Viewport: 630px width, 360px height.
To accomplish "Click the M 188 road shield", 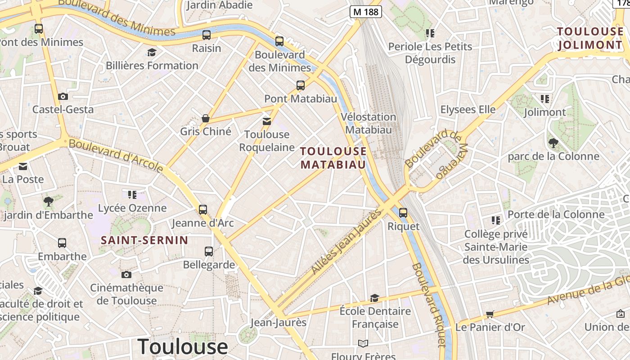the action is tap(366, 12).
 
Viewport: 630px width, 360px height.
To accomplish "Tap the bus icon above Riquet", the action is tap(403, 212).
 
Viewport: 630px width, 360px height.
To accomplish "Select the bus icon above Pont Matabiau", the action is tap(300, 85).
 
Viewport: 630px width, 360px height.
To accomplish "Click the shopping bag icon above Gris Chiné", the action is tap(206, 118).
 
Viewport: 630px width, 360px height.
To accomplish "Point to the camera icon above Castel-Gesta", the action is tap(63, 96).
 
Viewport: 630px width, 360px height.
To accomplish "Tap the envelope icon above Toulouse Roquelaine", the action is tap(267, 121).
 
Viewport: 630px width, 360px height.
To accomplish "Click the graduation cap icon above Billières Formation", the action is tap(152, 52).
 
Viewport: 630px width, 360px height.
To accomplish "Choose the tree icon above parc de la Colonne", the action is tap(553, 143).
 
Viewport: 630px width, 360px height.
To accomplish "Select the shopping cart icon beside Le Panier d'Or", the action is tap(490, 314).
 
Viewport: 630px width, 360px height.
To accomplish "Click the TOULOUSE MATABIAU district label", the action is tap(333, 158).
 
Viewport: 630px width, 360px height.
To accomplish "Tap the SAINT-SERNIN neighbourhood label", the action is tap(144, 240).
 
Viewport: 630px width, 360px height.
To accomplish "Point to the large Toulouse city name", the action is tap(183, 346).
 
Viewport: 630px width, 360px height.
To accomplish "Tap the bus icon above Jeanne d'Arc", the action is tap(203, 209).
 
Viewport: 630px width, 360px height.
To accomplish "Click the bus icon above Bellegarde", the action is tap(209, 251).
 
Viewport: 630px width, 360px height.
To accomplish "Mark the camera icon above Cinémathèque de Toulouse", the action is tap(126, 274).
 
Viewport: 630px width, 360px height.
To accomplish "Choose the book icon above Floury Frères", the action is tap(363, 343).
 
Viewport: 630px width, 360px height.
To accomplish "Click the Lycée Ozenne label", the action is tap(132, 208).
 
